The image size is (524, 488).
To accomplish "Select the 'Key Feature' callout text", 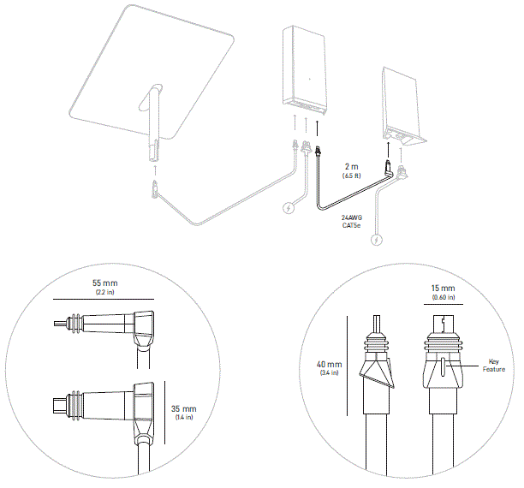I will click(492, 366).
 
